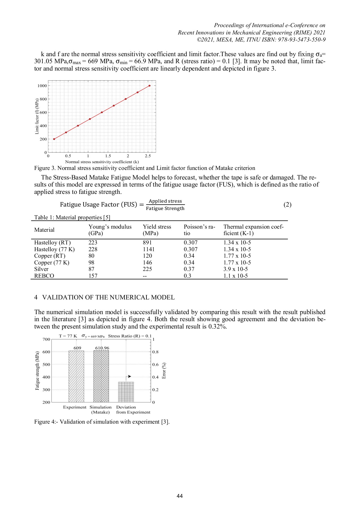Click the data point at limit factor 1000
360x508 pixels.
(x=149, y=86)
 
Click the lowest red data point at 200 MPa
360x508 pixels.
(x=54, y=139)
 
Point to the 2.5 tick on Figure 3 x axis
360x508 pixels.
(x=148, y=156)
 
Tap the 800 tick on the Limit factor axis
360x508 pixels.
(x=43, y=99)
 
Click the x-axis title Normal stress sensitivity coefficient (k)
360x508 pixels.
(x=102, y=162)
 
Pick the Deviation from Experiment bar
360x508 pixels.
(x=126, y=392)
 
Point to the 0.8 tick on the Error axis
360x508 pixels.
(x=155, y=352)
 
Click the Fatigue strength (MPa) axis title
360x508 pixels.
(x=37, y=371)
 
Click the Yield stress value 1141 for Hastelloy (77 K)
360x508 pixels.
(x=149, y=249)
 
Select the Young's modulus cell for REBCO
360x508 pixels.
(x=93, y=276)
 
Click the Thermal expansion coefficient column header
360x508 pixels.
(x=253, y=230)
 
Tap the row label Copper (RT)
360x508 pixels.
(x=50, y=256)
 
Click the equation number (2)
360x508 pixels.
(x=287, y=205)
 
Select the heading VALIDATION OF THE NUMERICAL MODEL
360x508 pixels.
(x=108, y=297)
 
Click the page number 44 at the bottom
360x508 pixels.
(x=180, y=496)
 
